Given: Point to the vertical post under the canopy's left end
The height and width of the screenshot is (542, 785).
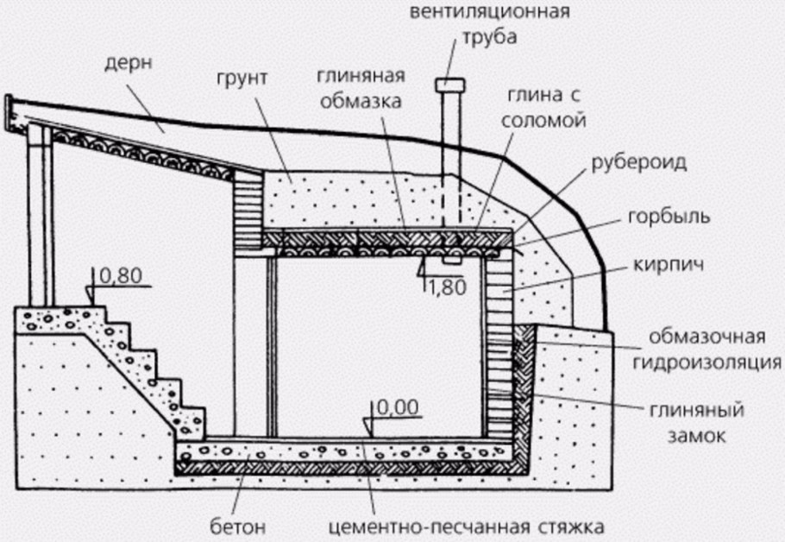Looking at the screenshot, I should pyautogui.click(x=37, y=216).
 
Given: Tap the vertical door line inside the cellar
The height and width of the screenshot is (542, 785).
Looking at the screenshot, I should pyautogui.click(x=270, y=345).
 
